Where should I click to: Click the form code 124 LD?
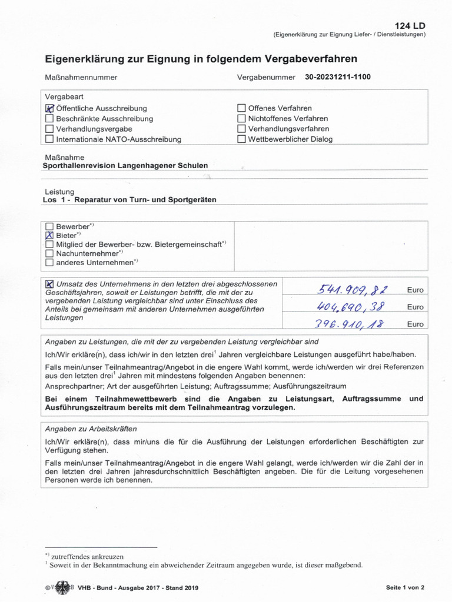[411, 25]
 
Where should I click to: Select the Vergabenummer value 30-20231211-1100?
[338, 77]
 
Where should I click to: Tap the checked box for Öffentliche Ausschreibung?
[49, 108]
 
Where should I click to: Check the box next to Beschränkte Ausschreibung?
[49, 118]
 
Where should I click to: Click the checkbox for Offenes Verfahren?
[241, 108]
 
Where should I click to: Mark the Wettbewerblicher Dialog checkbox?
[241, 139]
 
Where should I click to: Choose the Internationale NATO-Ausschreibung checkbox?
[49, 139]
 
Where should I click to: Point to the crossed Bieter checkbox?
[49, 235]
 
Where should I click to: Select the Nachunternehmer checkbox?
[49, 253]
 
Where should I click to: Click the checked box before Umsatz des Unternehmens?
[49, 284]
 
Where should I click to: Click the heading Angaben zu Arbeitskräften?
[91, 429]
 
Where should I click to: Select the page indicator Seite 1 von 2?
[405, 587]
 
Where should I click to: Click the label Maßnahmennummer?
[81, 78]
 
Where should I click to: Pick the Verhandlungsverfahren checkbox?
[241, 129]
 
